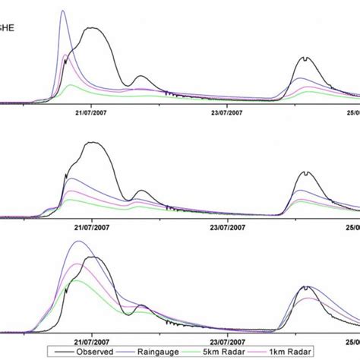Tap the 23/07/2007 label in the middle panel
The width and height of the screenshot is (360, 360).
tap(226, 226)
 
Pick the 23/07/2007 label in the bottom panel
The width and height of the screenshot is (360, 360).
tap(226, 339)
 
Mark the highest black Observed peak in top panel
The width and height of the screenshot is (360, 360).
tap(92, 28)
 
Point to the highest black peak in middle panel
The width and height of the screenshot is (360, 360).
tap(92, 143)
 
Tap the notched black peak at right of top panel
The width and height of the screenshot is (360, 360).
tap(305, 58)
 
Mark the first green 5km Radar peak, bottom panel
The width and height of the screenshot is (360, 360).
tap(76, 280)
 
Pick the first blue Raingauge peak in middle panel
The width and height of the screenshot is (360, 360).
tap(71, 179)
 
